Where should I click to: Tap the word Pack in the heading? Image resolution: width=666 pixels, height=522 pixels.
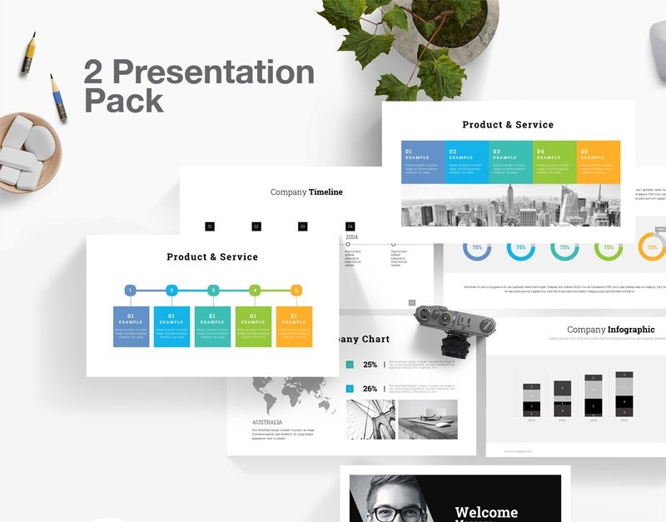pos(123,100)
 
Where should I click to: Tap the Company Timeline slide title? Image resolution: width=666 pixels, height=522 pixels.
pos(306,192)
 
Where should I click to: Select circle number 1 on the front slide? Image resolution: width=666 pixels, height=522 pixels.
pos(131,291)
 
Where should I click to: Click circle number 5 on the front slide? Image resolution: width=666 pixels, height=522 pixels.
pos(296,291)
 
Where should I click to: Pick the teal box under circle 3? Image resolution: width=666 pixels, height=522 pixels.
pos(212,326)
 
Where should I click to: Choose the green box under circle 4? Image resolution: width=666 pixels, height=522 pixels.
pos(253,326)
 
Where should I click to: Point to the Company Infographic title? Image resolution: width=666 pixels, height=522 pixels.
pos(610,330)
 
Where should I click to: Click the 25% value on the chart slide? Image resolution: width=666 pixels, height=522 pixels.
pos(370,365)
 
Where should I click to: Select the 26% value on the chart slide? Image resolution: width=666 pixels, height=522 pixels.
pos(370,389)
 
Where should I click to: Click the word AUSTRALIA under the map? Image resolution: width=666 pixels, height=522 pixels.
pos(266,422)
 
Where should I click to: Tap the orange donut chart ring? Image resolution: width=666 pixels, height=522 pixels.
pos(652,247)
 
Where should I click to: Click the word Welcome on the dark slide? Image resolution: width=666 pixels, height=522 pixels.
pos(486,512)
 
